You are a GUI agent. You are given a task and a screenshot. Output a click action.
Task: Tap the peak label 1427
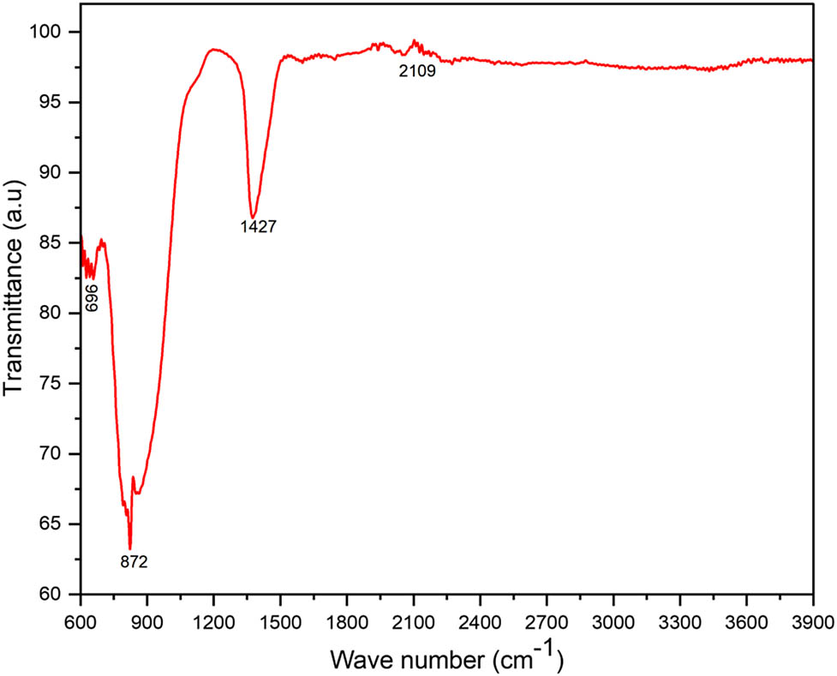point(258,227)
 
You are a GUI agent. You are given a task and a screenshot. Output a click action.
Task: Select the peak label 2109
point(417,72)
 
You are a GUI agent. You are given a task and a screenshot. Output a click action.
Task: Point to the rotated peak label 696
point(93,296)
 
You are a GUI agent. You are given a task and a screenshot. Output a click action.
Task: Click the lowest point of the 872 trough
point(130,548)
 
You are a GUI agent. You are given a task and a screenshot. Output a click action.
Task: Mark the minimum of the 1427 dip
point(253,217)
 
